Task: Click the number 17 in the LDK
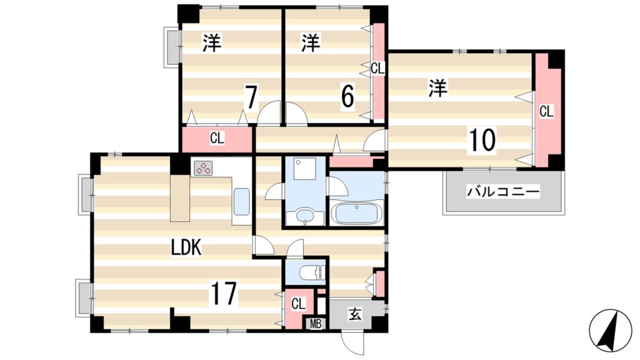(223, 293)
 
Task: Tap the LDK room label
(186, 247)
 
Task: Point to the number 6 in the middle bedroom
(347, 96)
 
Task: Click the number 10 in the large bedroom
(482, 141)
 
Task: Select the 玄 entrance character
(354, 314)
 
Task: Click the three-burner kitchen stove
(204, 167)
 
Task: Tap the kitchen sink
(241, 201)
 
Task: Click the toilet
(309, 273)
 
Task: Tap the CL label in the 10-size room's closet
(546, 112)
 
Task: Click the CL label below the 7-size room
(217, 139)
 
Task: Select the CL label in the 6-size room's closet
(377, 69)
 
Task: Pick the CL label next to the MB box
(297, 304)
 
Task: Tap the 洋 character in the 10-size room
(438, 88)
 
